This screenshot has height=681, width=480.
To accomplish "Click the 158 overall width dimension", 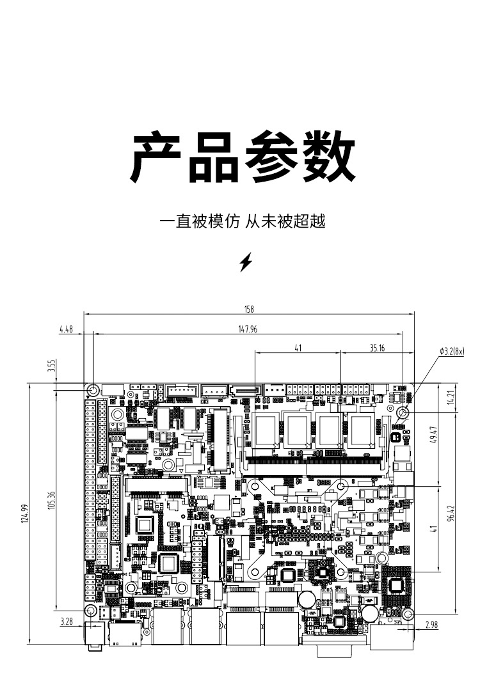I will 249,309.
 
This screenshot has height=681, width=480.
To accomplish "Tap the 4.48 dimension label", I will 67,329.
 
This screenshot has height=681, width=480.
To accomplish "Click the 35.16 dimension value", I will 378,348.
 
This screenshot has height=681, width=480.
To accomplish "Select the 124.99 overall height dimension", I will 26,513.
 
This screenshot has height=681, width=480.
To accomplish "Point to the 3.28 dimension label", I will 66,621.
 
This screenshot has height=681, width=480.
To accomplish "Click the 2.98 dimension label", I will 431,626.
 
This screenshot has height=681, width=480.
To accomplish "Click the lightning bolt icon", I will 246,262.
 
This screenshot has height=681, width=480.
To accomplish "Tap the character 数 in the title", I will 328,157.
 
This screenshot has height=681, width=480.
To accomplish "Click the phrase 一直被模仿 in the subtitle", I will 200,222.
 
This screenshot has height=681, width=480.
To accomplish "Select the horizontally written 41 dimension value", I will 298,348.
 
